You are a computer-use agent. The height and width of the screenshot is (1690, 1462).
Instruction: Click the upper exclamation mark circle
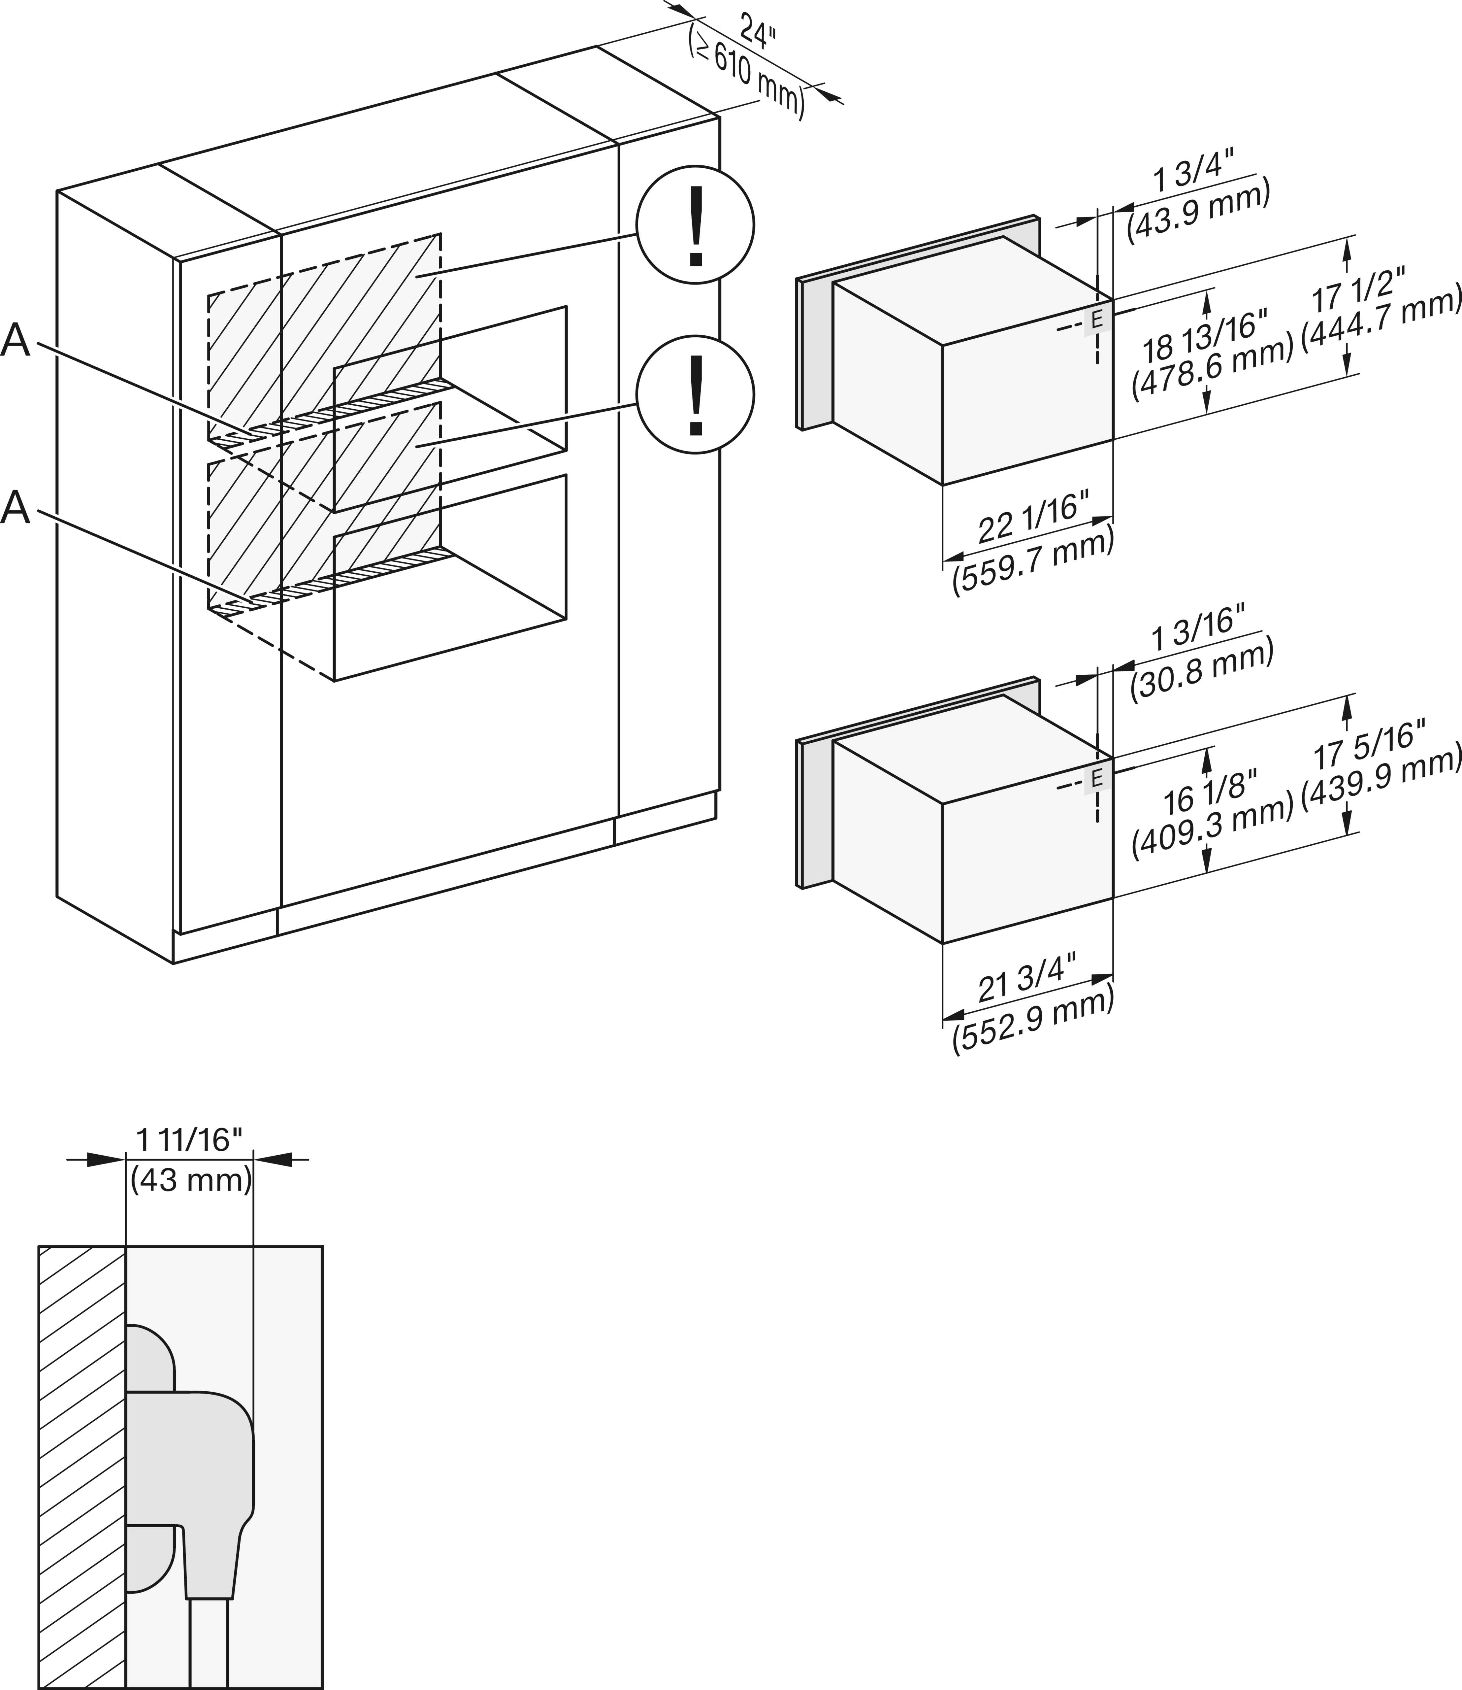pos(695,225)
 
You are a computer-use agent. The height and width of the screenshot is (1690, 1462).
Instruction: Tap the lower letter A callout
pos(16,508)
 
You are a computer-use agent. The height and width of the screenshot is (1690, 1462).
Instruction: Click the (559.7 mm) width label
pos(1033,562)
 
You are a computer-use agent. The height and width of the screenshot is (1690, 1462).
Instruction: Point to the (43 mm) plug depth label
pos(191,1180)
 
